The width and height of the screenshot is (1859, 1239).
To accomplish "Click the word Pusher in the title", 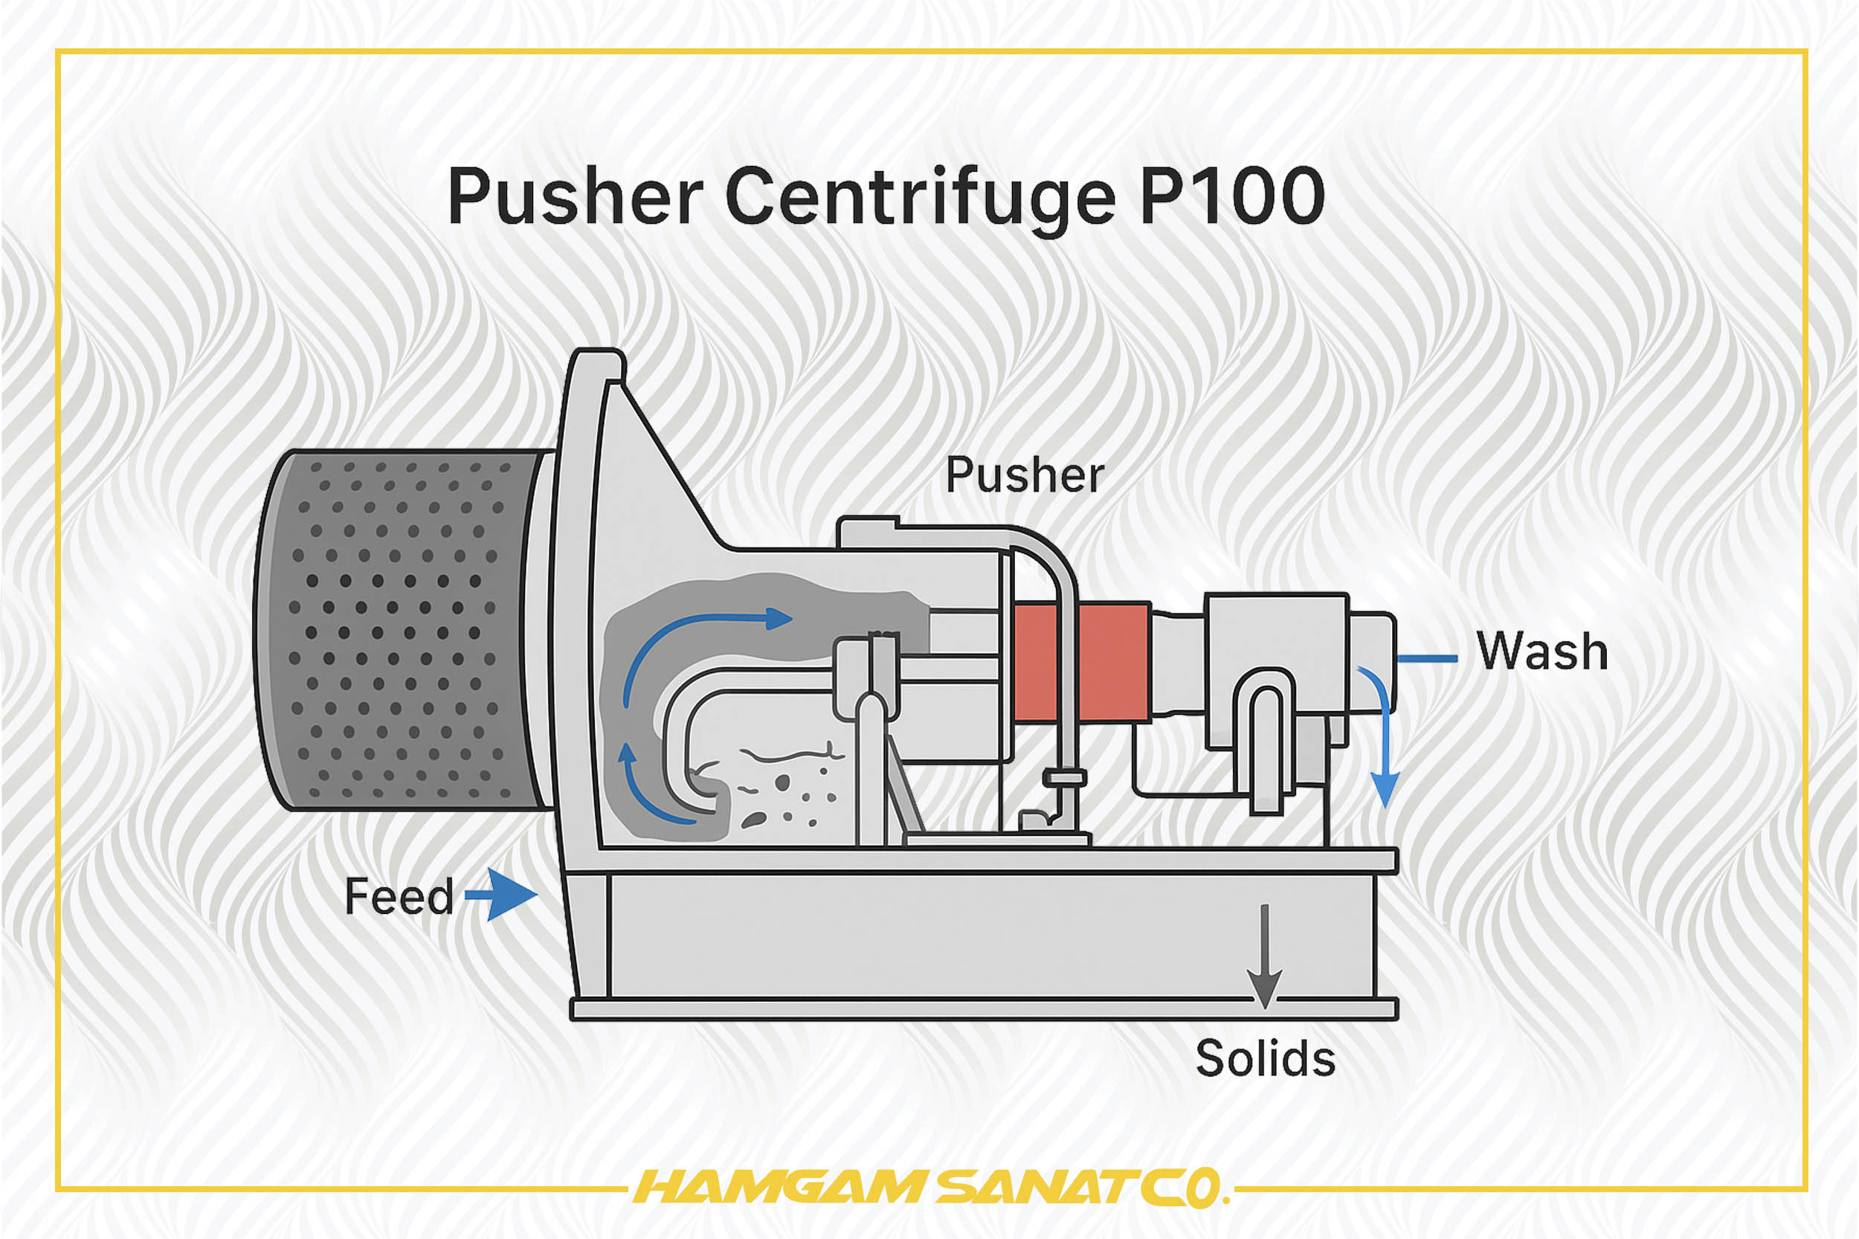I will click(574, 197).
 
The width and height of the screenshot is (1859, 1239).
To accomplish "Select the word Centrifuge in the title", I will click(920, 197).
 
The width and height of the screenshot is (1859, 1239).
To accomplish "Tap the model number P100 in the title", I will click(1231, 197).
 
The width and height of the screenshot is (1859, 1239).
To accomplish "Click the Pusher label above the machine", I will click(1024, 475).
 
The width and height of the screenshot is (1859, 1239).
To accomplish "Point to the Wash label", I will click(1541, 652).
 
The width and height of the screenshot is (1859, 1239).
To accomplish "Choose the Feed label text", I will click(399, 897).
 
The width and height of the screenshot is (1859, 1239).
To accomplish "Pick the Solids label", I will click(1265, 1059).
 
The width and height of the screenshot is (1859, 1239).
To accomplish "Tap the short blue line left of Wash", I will click(1427, 658).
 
